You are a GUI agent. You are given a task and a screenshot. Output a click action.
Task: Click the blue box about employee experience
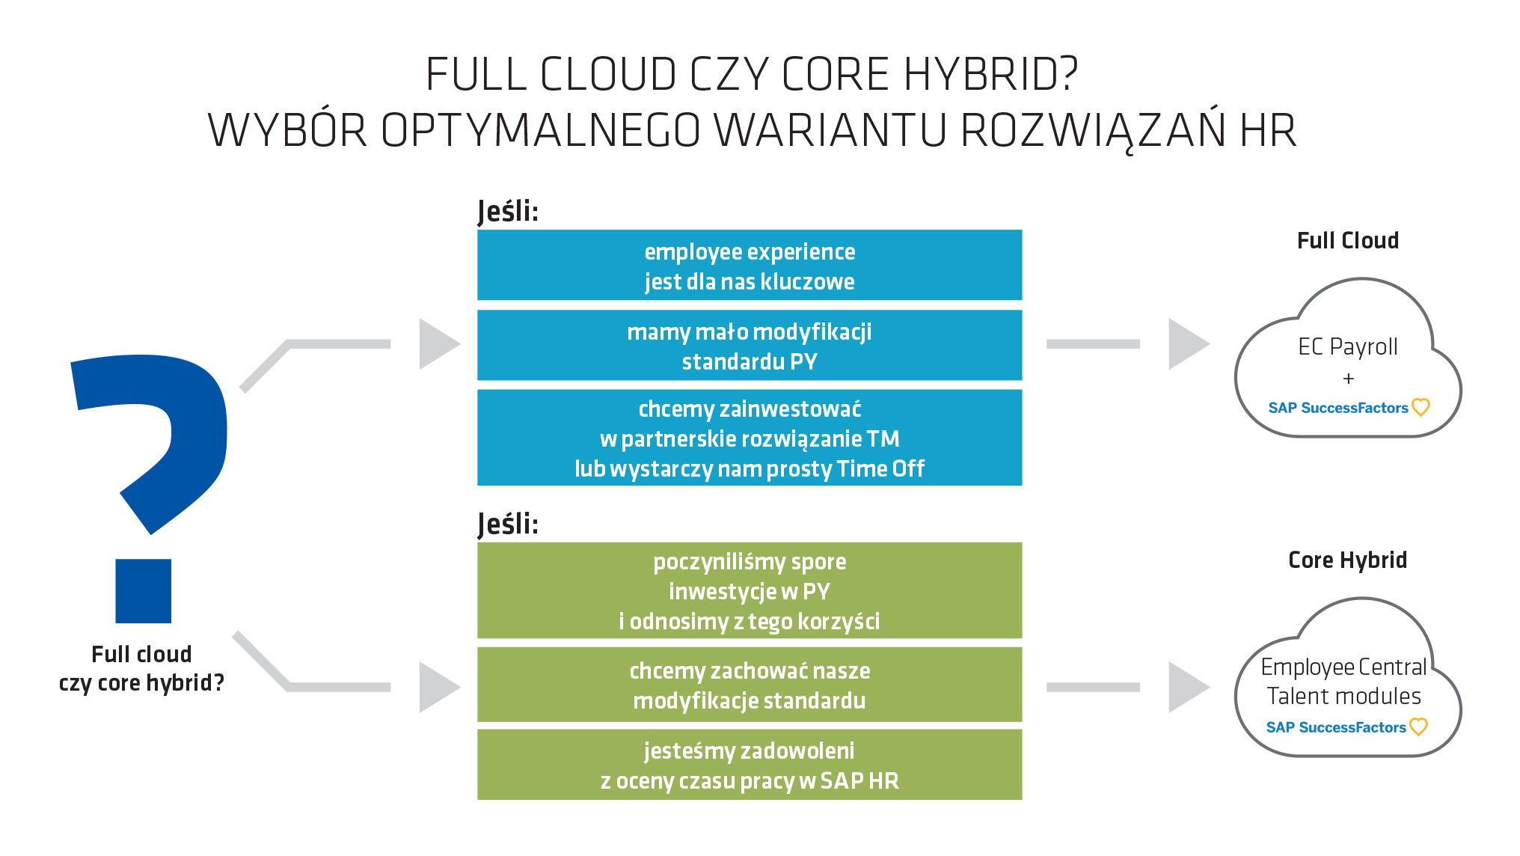tap(750, 265)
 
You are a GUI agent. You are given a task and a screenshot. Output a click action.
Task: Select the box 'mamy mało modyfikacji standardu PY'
tap(750, 345)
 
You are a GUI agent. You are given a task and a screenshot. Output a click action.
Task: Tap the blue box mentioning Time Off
tap(750, 438)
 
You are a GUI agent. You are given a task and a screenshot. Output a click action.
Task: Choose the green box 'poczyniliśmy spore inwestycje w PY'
tap(750, 590)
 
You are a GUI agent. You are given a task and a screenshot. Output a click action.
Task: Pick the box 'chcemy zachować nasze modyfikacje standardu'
tap(750, 685)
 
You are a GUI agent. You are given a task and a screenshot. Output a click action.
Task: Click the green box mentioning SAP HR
tap(750, 765)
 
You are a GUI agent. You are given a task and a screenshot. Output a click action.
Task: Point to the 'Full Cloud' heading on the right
tap(1348, 240)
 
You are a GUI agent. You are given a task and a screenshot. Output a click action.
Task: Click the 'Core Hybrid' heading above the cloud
tap(1348, 560)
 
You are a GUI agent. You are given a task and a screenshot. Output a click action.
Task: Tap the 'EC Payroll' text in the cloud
tap(1348, 346)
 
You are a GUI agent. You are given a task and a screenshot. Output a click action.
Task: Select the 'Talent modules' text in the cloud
tap(1344, 696)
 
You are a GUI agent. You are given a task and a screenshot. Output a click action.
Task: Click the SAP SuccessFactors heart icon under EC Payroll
tap(1421, 407)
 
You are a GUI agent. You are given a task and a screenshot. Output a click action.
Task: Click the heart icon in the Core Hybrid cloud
tap(1418, 727)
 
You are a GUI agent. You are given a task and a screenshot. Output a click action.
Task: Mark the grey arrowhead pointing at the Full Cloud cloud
tap(1188, 344)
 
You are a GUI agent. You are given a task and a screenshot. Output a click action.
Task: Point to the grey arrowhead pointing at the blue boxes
tap(438, 344)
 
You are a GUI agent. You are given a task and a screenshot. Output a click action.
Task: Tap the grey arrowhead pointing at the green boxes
tap(438, 687)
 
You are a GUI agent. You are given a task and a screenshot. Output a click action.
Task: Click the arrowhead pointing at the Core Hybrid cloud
tap(1188, 687)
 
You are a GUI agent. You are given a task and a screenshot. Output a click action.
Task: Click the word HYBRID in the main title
tap(991, 74)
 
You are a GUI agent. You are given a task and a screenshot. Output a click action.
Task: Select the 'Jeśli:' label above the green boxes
tap(508, 524)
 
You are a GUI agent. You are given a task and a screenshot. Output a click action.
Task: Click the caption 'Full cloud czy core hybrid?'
tap(141, 668)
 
